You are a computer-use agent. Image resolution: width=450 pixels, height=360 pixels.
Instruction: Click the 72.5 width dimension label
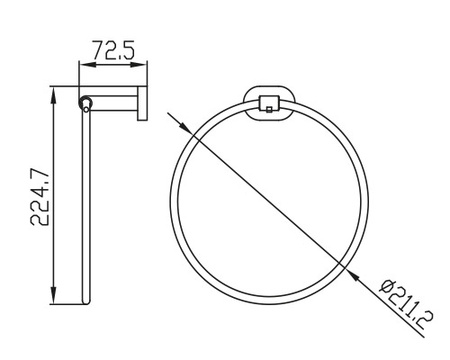click(x=113, y=50)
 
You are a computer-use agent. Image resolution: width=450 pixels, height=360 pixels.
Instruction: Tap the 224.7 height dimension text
click(x=40, y=197)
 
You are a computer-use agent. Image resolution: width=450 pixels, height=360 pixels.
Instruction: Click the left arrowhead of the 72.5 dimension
click(x=87, y=64)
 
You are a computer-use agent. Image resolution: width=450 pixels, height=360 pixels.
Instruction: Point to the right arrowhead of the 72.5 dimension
click(x=139, y=64)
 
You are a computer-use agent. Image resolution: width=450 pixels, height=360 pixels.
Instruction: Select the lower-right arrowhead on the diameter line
click(x=354, y=276)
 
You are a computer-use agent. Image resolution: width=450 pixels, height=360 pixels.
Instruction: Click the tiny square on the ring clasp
click(x=269, y=109)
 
